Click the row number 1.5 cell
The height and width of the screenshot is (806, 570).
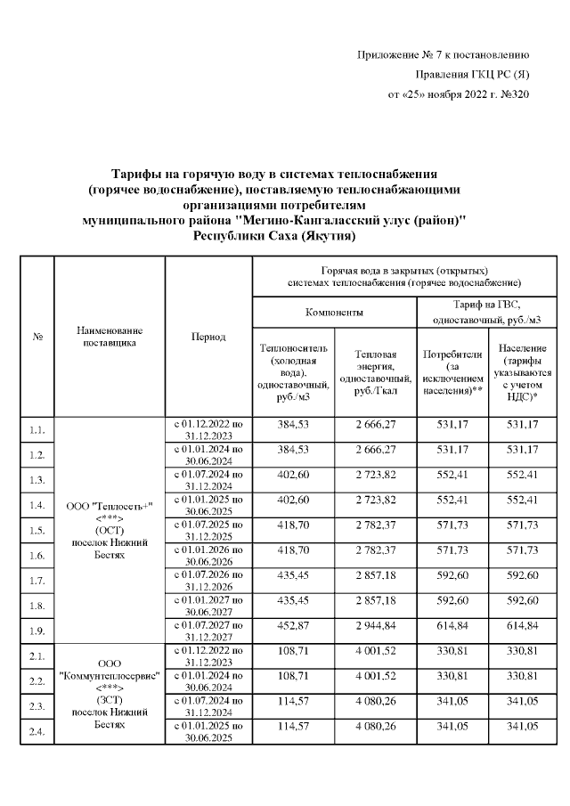37,531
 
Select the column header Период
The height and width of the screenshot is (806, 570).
208,337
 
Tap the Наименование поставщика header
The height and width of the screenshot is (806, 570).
110,336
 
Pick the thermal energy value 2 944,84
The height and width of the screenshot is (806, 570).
374,628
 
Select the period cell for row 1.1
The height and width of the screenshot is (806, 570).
208,430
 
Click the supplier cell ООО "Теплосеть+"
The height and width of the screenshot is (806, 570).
110,530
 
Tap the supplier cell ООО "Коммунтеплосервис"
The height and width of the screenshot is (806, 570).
110,694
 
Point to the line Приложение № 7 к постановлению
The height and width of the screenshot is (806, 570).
444,55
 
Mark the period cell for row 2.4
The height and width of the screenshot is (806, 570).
208,731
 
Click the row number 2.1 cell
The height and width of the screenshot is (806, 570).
37,656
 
